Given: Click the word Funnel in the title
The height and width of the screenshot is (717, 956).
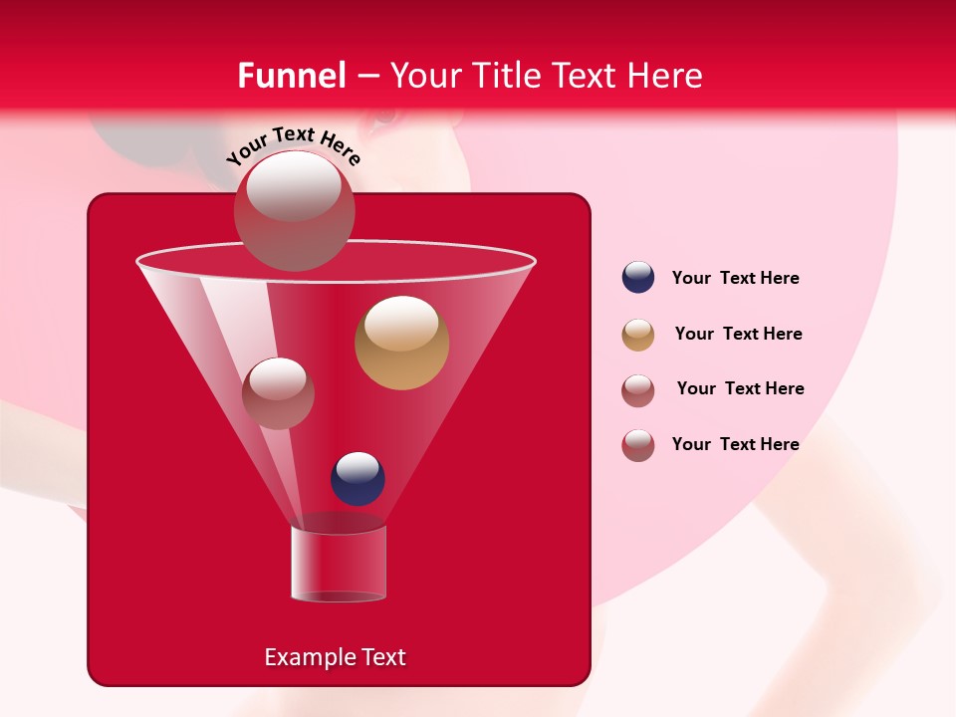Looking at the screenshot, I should [291, 76].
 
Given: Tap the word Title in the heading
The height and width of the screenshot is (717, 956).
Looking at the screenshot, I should [507, 76].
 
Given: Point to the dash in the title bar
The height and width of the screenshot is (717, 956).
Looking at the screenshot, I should [366, 77].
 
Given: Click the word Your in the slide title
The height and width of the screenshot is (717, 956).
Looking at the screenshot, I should [424, 76].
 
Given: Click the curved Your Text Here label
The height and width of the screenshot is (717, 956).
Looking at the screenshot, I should [293, 146].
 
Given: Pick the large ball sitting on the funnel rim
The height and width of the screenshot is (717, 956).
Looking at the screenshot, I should [294, 210].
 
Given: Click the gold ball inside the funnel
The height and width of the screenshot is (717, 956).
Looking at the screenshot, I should [401, 343].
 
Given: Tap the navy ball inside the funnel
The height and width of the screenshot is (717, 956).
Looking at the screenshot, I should [358, 478].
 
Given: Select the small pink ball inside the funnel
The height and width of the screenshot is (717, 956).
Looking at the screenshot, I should [278, 392].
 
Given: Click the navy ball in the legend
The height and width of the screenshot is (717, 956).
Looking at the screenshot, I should [638, 277].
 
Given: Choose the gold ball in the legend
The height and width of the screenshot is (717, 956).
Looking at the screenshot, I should [638, 335].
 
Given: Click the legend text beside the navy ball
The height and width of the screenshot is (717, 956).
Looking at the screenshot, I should [735, 278].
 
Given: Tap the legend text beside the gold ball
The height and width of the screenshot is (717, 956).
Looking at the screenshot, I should [738, 334].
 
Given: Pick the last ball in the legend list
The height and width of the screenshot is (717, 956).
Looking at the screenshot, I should [638, 445].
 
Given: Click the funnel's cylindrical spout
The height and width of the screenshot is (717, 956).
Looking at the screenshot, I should [339, 564].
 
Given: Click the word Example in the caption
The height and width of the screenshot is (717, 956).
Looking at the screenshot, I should [309, 657].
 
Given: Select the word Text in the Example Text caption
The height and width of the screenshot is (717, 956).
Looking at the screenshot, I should [382, 657].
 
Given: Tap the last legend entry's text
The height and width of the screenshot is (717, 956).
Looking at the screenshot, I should [735, 444].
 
